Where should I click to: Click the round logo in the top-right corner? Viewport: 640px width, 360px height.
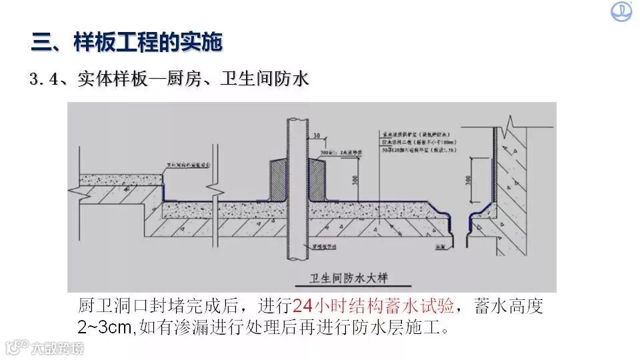(621, 11)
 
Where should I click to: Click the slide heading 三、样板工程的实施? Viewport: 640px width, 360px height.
(127, 43)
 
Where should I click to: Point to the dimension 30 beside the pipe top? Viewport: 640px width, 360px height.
(317, 135)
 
